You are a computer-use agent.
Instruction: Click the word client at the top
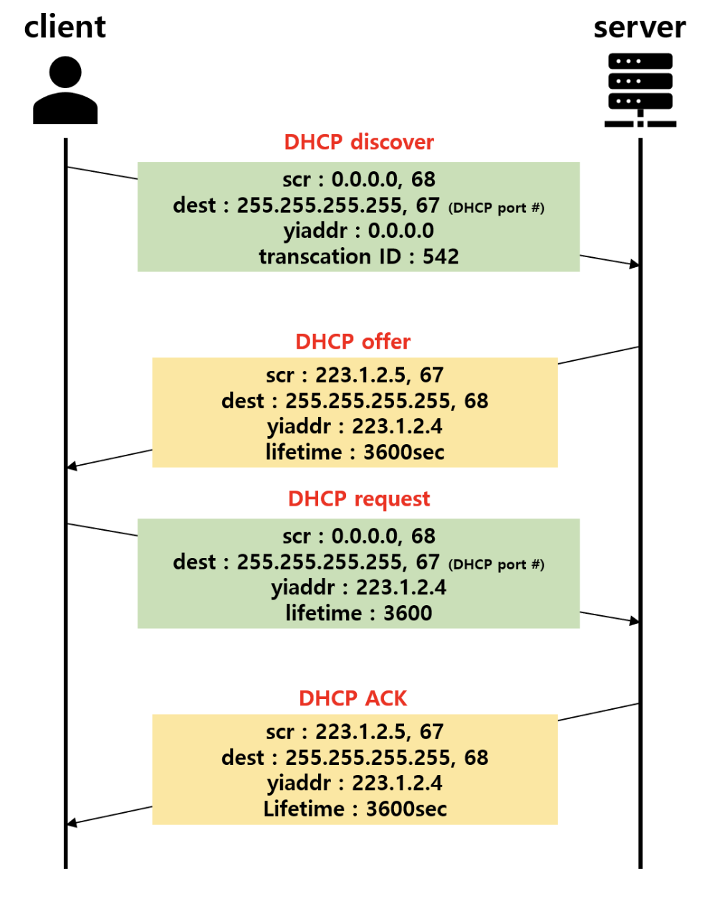[x=65, y=27]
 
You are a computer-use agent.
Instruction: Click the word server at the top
[x=639, y=27]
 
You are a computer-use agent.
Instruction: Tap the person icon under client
[x=65, y=91]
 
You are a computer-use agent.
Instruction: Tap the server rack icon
[x=640, y=90]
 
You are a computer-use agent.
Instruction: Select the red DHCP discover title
[x=359, y=142]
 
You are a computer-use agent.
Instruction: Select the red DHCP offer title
[x=353, y=342]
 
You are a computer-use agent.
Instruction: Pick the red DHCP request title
[x=359, y=498]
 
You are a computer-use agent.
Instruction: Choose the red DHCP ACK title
[x=353, y=698]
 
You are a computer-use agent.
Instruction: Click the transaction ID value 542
[x=441, y=256]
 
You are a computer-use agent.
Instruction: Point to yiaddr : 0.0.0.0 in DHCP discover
[x=359, y=231]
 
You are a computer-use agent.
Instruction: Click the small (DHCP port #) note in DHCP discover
[x=496, y=208]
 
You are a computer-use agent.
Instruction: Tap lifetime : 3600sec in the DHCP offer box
[x=355, y=453]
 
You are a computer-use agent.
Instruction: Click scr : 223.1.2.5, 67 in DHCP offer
[x=355, y=375]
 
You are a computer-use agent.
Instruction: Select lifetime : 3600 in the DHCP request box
[x=359, y=613]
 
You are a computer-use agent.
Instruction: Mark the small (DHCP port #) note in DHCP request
[x=496, y=564]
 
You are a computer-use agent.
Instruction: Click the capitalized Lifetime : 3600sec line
[x=355, y=809]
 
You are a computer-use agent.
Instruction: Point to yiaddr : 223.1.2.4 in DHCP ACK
[x=355, y=783]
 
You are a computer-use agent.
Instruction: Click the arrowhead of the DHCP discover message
[x=634, y=265]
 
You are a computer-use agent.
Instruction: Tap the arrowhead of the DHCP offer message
[x=71, y=467]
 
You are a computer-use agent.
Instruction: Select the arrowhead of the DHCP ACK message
[x=71, y=824]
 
